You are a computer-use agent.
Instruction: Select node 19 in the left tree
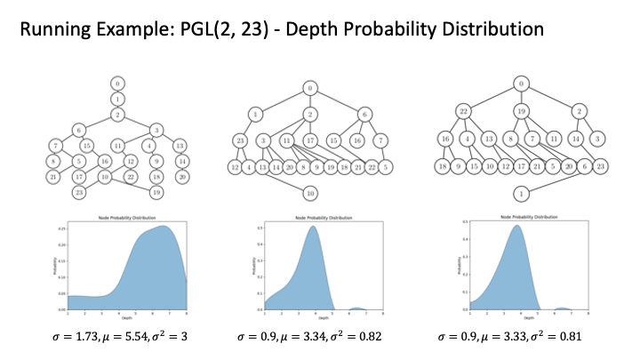156,192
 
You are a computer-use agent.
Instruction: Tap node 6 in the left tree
78,129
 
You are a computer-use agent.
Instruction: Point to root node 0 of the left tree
117,83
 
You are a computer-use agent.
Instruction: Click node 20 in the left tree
181,176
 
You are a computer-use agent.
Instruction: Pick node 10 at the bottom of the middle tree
310,193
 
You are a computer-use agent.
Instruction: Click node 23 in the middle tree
240,140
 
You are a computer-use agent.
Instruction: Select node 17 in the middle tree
310,140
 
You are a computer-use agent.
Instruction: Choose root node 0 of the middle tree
310,87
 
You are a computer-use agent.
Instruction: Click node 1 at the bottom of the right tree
519,193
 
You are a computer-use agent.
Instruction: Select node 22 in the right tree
464,111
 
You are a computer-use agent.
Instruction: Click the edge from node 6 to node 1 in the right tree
551,180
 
